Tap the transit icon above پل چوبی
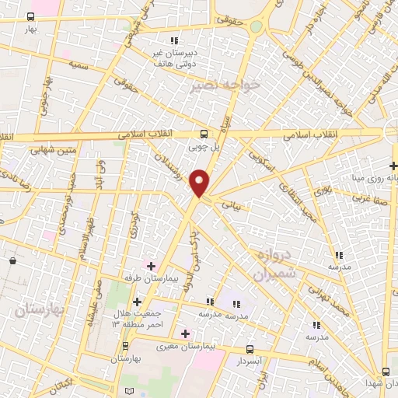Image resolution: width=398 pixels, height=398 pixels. pyautogui.click(x=204, y=133)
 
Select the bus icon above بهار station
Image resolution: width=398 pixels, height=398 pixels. pyautogui.click(x=30, y=16)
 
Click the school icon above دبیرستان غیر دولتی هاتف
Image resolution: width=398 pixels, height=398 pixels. pyautogui.click(x=175, y=40)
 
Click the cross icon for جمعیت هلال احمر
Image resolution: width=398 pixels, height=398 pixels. pyautogui.click(x=137, y=301)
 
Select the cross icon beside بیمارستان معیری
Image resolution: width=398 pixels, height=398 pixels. pyautogui.click(x=184, y=333)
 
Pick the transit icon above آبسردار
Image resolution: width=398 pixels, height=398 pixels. pyautogui.click(x=250, y=350)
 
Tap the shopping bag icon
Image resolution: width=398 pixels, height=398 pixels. pyautogui.click(x=12, y=260)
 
